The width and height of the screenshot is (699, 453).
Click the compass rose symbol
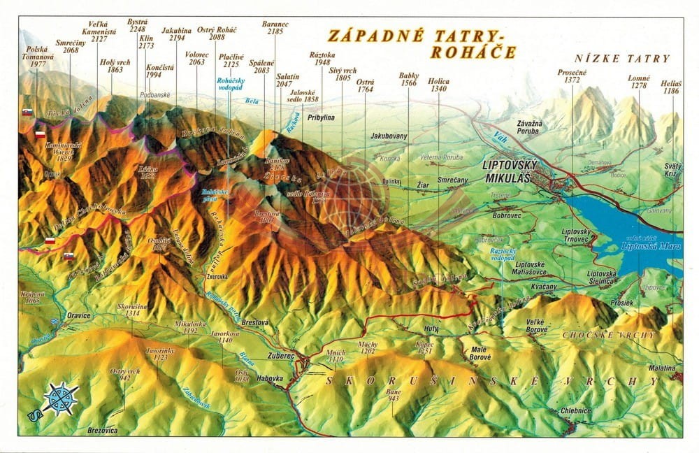[x=61, y=399]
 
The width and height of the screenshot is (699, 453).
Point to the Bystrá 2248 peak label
[x=137, y=26]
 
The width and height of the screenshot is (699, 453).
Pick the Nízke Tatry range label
[x=621, y=59]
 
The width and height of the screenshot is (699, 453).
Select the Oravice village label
[x=79, y=315]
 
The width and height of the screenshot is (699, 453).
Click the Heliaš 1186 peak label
[x=671, y=87]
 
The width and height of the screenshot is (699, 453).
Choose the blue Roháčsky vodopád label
[x=229, y=85]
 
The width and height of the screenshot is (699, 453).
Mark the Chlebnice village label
[x=576, y=411]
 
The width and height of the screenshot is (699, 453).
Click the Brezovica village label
[x=103, y=431]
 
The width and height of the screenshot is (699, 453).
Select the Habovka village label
[x=269, y=378]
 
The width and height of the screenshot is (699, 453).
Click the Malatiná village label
[x=661, y=368]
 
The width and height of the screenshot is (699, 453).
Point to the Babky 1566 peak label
[x=409, y=79]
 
